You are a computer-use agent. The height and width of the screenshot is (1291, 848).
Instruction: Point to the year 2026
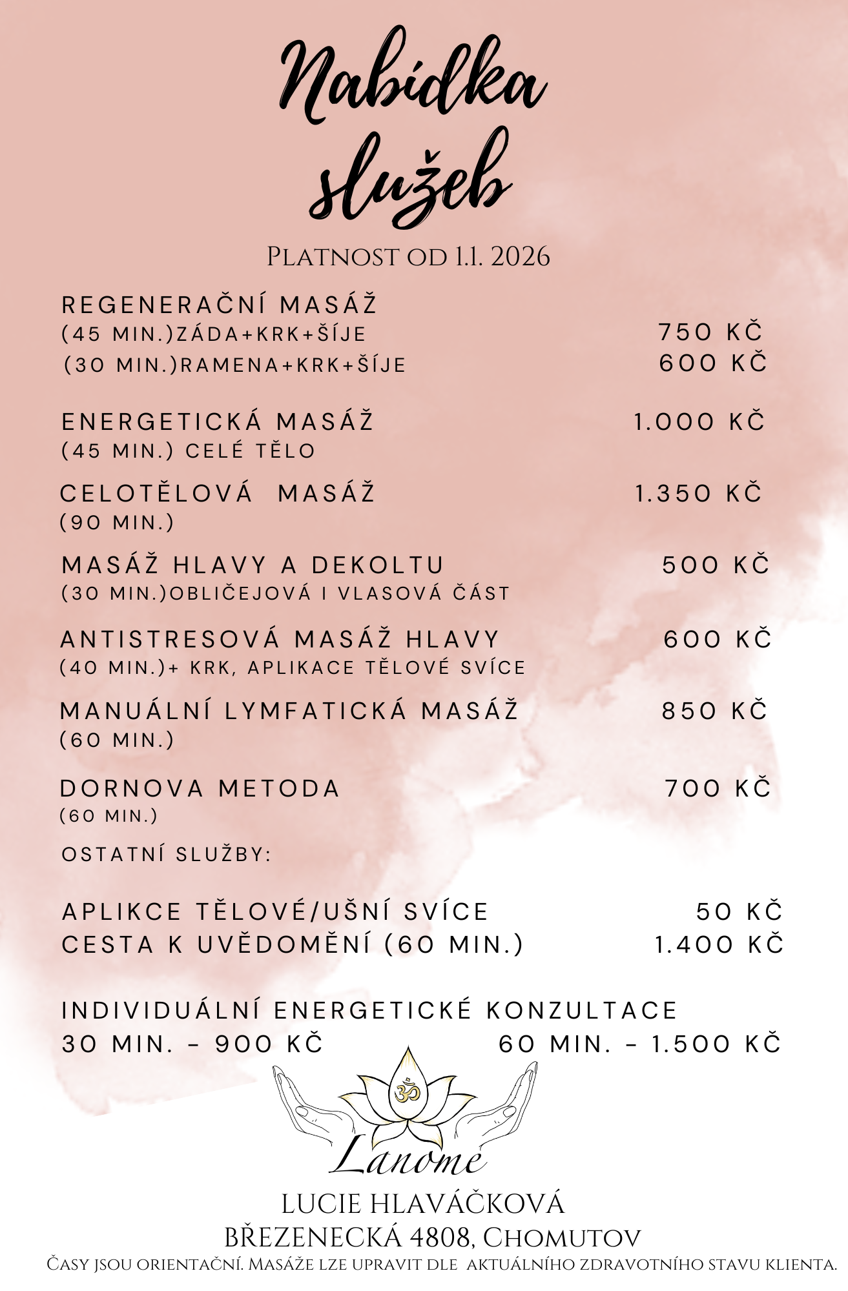click(x=520, y=257)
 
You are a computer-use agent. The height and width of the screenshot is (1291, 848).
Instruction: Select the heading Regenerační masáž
click(x=219, y=305)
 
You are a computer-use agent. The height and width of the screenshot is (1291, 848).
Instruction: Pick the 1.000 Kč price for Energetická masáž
click(x=699, y=422)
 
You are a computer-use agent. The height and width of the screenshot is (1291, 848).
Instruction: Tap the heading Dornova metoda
click(x=200, y=789)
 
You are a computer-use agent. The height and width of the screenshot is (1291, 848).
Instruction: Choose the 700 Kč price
click(x=718, y=789)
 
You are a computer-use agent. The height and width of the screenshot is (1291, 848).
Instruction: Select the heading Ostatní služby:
click(x=166, y=855)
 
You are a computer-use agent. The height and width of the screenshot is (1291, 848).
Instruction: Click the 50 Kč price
click(x=739, y=912)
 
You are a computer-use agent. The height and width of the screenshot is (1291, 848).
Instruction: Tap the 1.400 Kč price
click(x=719, y=945)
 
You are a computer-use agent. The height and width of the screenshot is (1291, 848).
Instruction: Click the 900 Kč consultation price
click(x=269, y=1044)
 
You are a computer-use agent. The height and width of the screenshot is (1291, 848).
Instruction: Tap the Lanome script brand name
click(x=408, y=1159)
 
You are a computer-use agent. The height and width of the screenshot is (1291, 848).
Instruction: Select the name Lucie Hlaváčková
click(x=423, y=1204)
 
